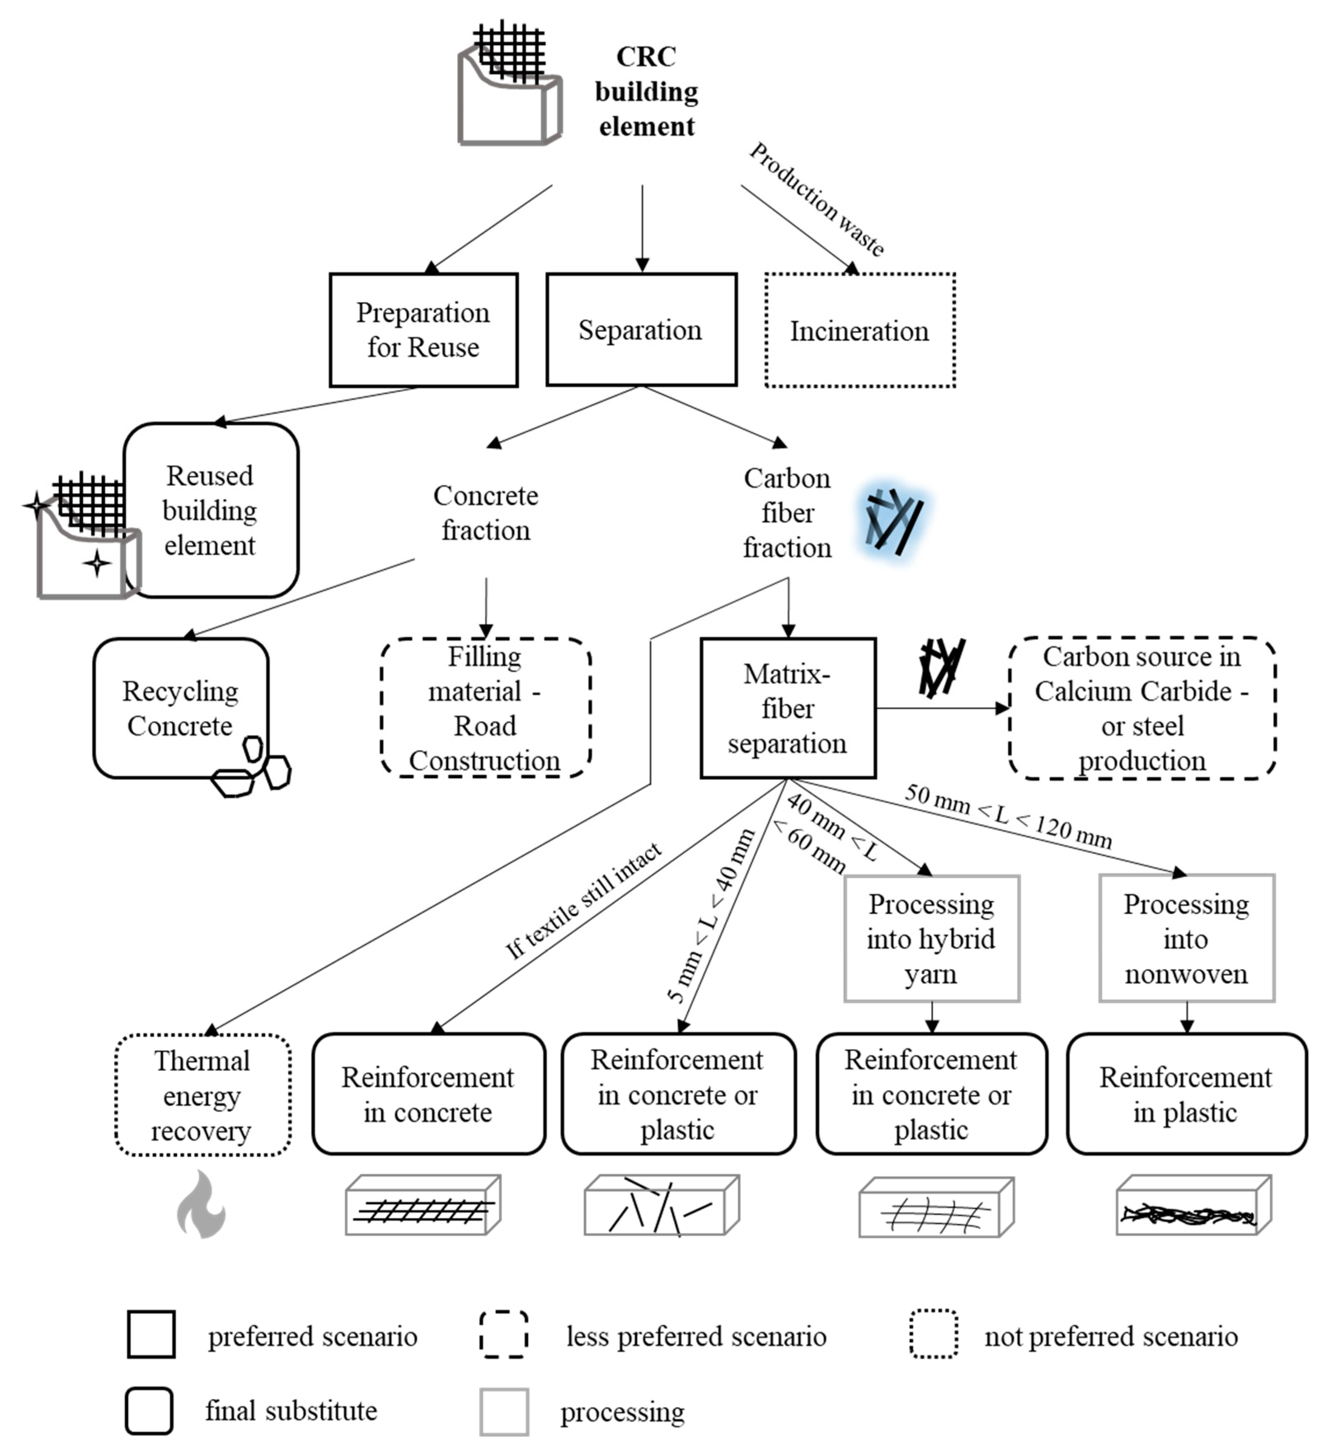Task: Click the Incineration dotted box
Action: click(859, 331)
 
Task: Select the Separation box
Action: click(641, 330)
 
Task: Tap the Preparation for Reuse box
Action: click(423, 330)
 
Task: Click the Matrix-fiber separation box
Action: click(787, 708)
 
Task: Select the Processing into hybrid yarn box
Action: click(931, 939)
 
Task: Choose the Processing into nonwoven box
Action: click(1186, 939)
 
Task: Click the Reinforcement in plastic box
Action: click(1186, 1094)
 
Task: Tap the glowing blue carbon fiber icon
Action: click(894, 521)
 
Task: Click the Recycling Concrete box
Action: click(181, 708)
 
